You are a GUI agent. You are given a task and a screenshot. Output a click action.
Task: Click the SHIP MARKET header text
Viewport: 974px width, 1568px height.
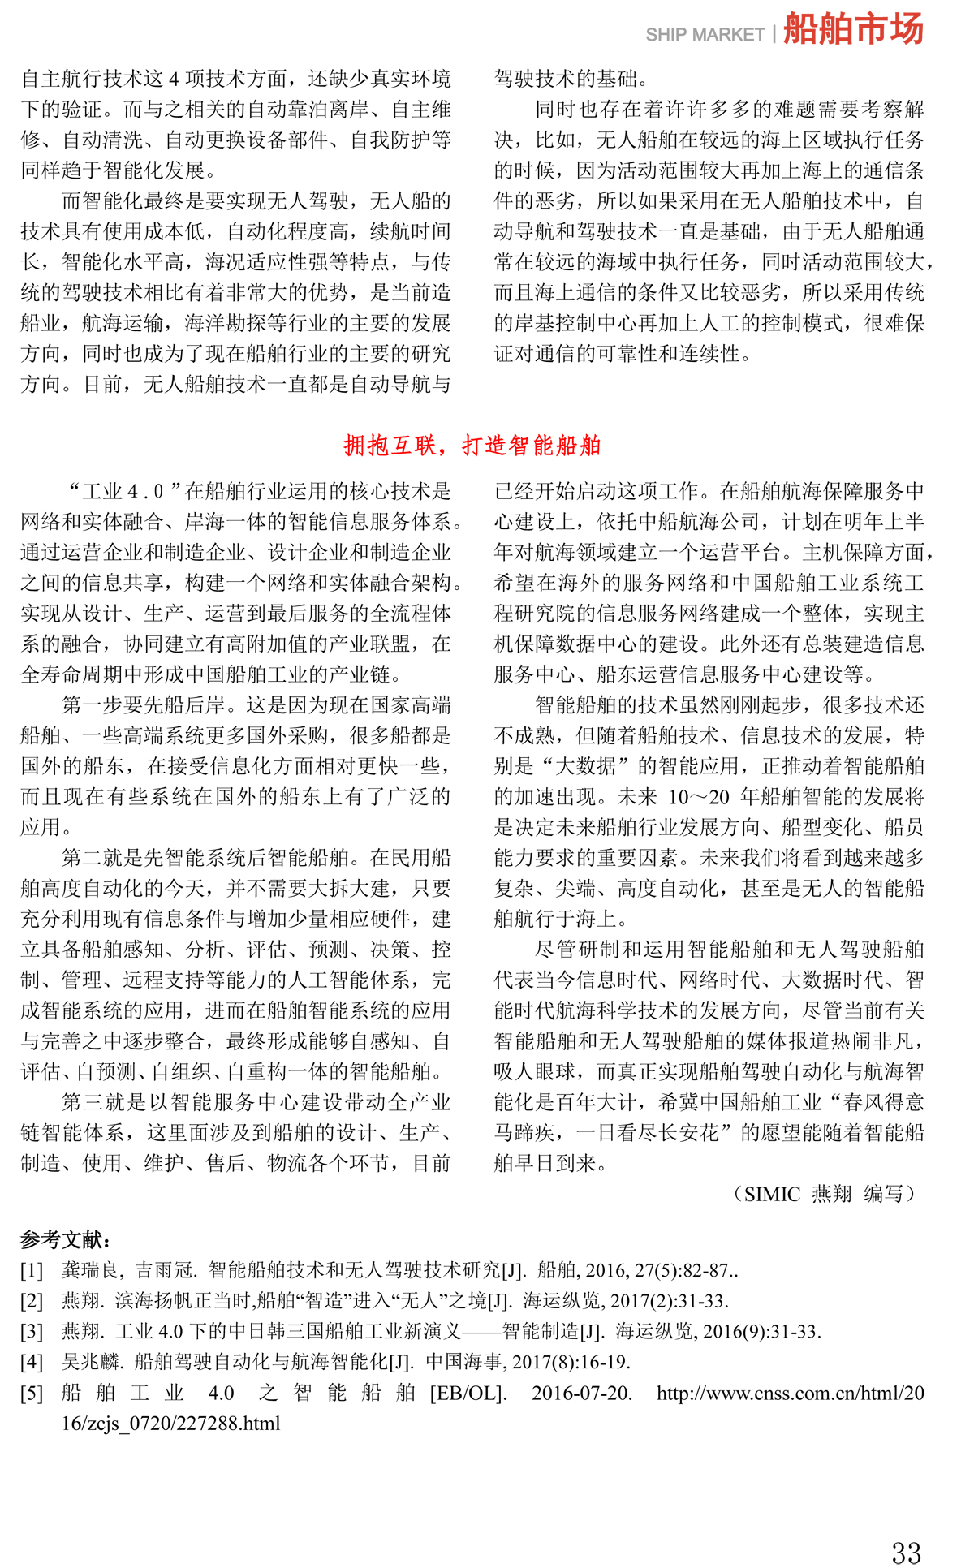click(705, 35)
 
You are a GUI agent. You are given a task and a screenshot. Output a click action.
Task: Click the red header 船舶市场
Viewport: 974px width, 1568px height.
click(853, 29)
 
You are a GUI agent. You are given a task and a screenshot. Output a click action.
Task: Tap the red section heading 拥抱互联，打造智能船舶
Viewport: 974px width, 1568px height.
click(472, 445)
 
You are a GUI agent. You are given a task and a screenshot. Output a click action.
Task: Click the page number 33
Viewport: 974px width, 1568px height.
click(906, 1553)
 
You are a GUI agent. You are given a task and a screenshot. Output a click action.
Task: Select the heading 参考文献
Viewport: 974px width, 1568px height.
click(65, 1239)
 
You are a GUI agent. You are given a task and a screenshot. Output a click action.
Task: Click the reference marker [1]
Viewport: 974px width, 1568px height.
click(32, 1270)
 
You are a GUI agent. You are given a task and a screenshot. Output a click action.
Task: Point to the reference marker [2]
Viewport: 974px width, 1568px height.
click(32, 1301)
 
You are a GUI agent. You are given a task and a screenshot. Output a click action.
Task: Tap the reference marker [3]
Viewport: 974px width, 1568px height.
click(32, 1332)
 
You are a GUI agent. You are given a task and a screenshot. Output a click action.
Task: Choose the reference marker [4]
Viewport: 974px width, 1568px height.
click(32, 1362)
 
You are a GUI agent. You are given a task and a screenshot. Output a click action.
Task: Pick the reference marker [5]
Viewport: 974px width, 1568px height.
click(32, 1394)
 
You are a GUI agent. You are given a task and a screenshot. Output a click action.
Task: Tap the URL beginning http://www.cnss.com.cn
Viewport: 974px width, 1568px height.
click(790, 1394)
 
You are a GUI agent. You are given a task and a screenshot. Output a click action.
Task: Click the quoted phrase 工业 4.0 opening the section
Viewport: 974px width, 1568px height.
click(124, 492)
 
